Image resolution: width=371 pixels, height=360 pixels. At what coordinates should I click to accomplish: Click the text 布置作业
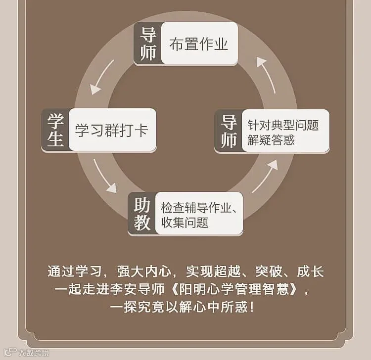point(199,45)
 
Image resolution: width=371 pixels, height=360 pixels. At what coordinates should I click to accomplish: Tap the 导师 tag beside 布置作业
point(147,44)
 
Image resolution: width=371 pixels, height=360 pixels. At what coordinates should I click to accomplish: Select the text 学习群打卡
point(111,130)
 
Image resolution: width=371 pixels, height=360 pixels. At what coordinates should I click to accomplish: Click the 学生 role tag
point(55,130)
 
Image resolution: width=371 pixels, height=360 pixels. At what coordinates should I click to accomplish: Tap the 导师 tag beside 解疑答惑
point(229,132)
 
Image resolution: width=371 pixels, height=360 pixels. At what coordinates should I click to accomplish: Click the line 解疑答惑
point(271,139)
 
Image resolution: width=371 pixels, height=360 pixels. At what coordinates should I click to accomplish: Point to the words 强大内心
point(150,272)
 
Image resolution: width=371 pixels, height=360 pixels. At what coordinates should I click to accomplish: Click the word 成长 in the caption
point(311,272)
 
